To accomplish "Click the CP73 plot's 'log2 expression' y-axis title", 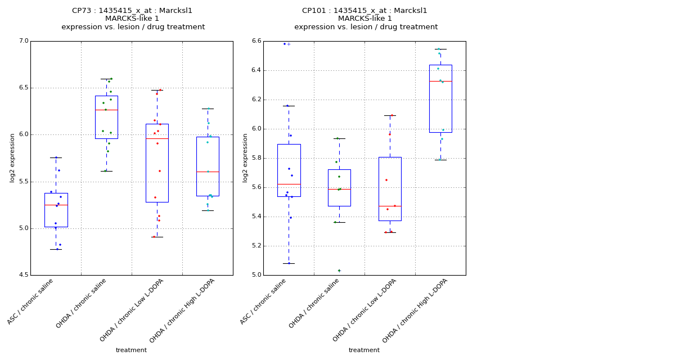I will pyautogui.click(x=12, y=158).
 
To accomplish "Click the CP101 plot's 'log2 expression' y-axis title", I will pyautogui.click(x=245, y=158).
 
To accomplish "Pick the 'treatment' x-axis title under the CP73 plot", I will pyautogui.click(x=131, y=350).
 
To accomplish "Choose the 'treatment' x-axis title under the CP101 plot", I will pyautogui.click(x=364, y=350).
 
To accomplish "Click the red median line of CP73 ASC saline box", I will pyautogui.click(x=56, y=205).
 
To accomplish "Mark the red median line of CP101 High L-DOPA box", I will pyautogui.click(x=440, y=81).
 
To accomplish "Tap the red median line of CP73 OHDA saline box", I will pyautogui.click(x=106, y=110).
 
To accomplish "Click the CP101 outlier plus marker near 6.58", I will pyautogui.click(x=289, y=44).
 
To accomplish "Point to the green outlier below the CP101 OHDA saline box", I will pyautogui.click(x=339, y=271).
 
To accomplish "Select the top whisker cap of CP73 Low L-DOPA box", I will pyautogui.click(x=157, y=90).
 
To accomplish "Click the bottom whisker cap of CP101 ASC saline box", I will pyautogui.click(x=289, y=263).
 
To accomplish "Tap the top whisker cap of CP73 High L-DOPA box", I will pyautogui.click(x=208, y=109).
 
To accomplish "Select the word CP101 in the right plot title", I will pyautogui.click(x=313, y=11).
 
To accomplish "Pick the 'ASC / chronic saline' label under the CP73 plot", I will pyautogui.click(x=31, y=301).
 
